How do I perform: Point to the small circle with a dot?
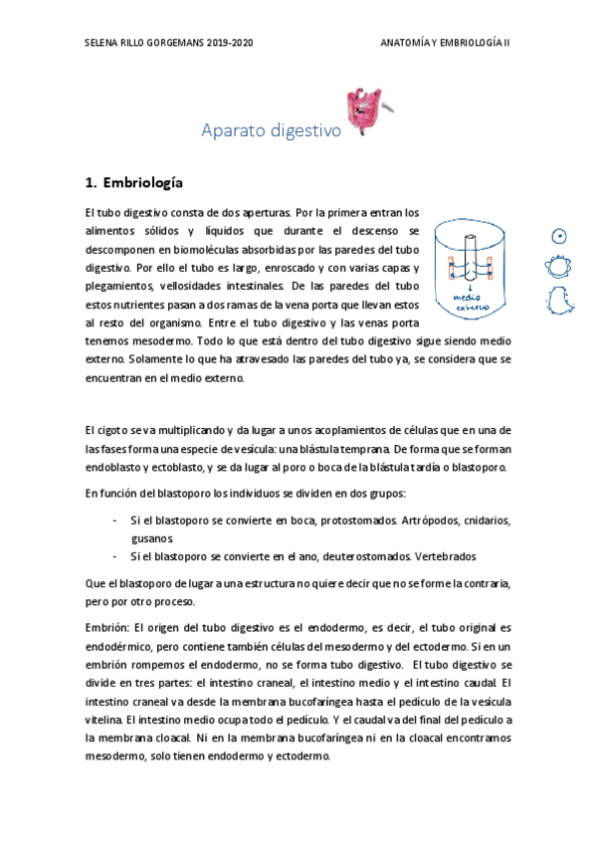560,236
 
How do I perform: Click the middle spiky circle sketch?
560,267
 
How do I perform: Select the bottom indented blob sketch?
560,298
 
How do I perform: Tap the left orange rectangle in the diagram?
452,268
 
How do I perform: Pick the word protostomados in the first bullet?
356,521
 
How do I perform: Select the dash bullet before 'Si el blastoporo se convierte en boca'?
116,521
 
